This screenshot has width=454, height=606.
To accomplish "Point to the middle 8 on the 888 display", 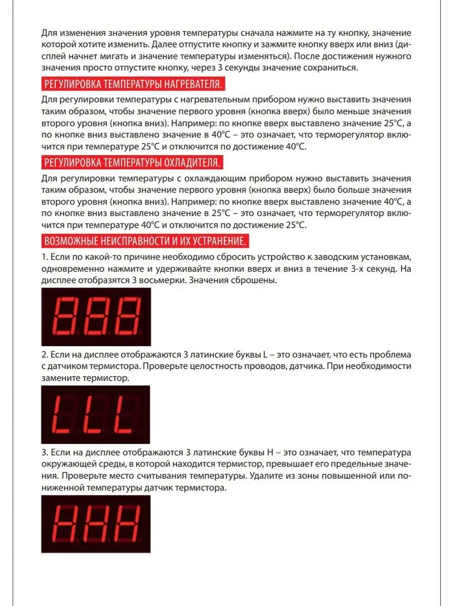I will coord(96,316).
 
